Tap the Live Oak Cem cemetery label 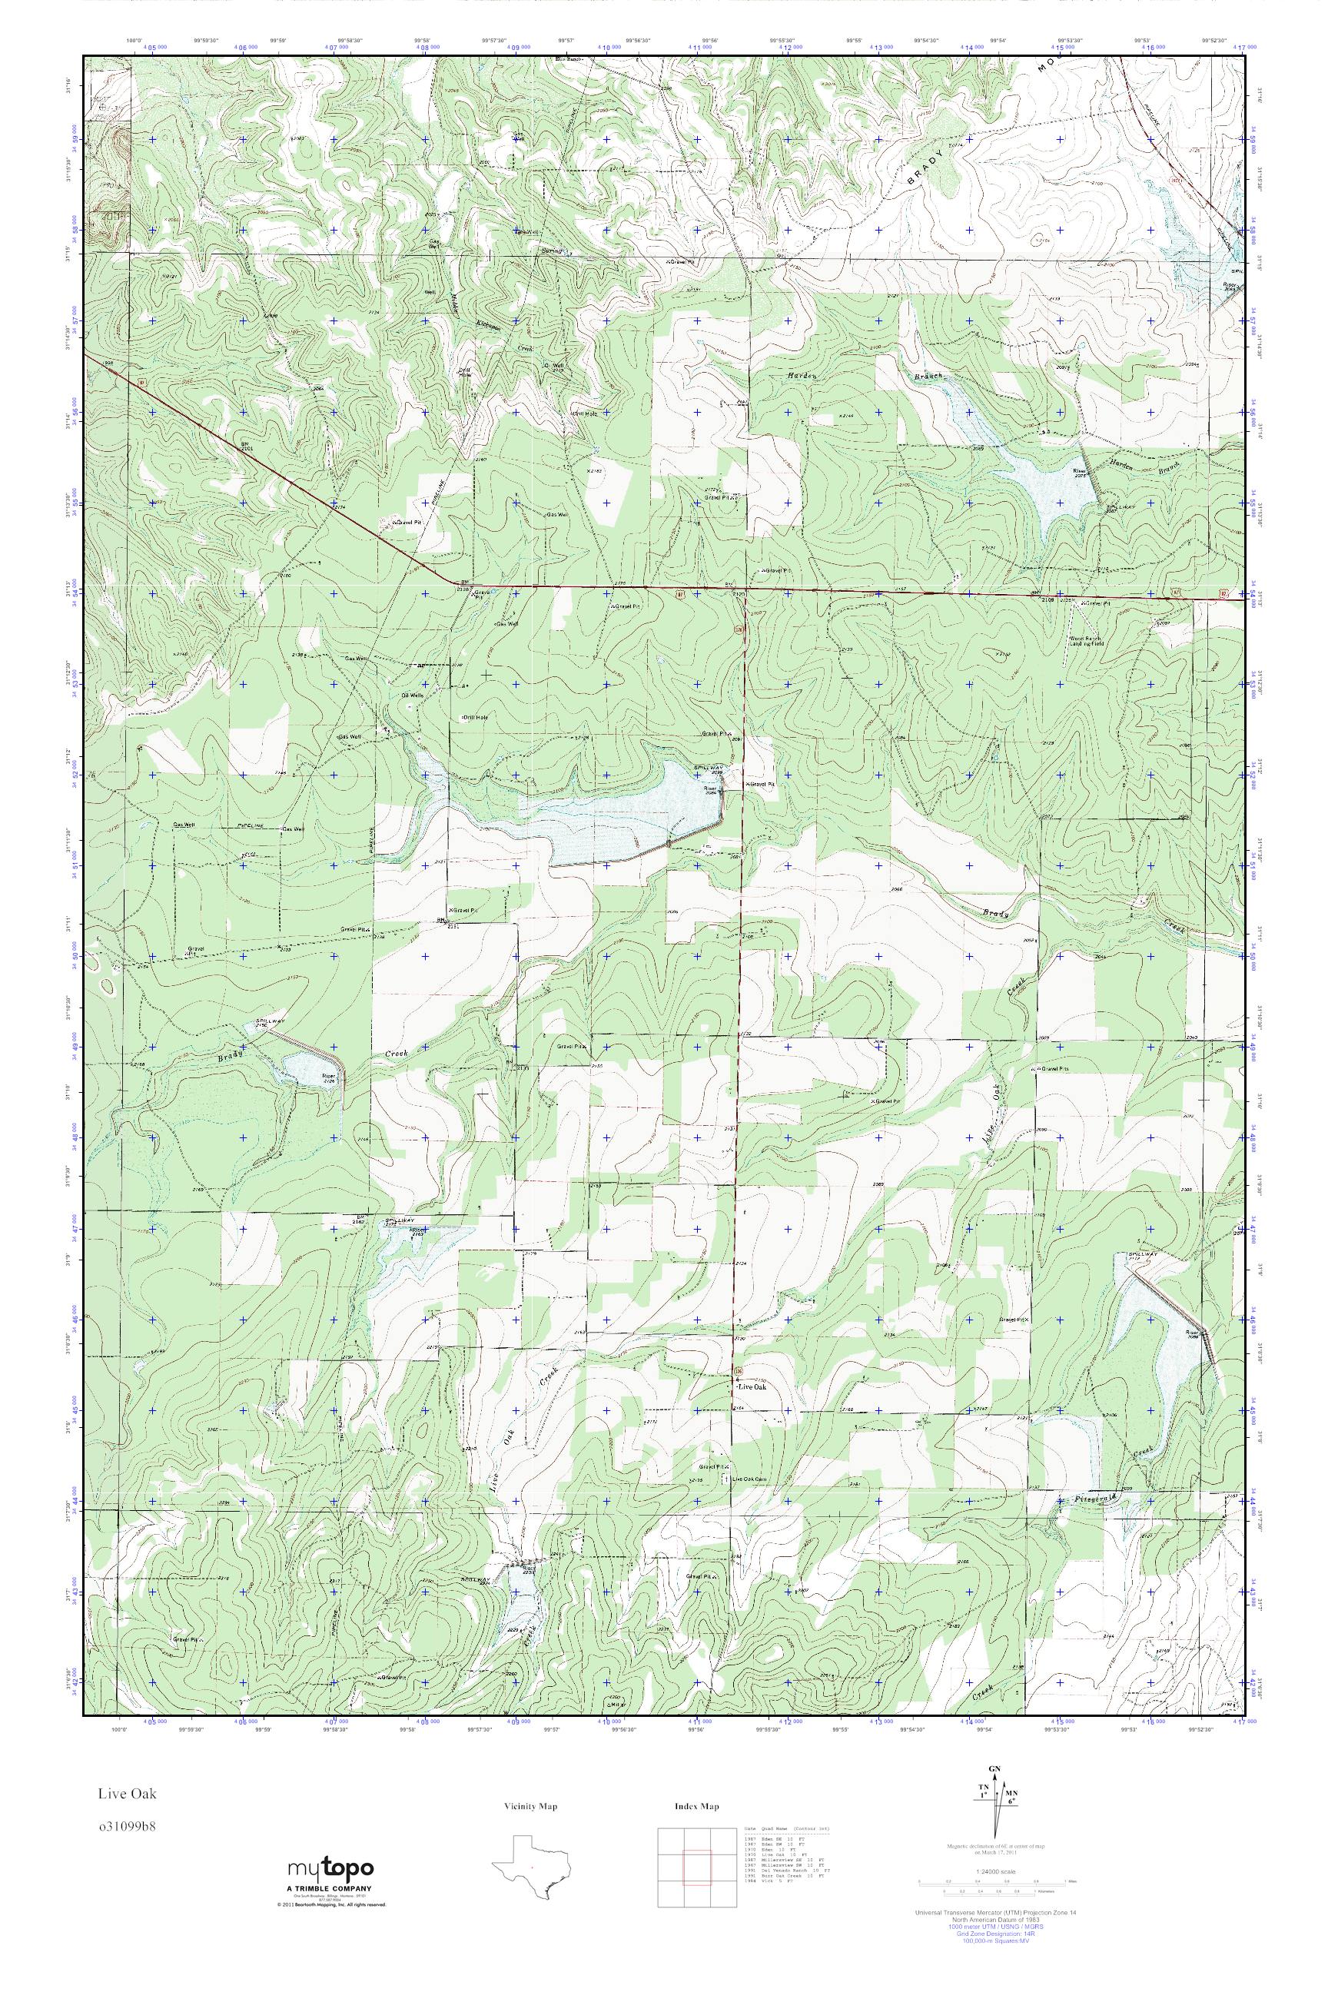pos(748,1479)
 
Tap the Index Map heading pos(696,1807)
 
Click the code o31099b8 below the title pos(127,1825)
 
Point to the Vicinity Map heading pos(530,1807)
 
